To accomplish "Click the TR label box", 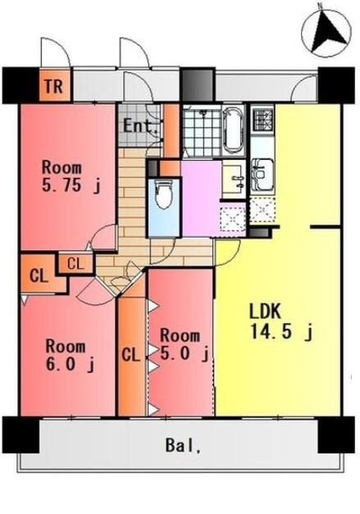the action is click(x=55, y=85).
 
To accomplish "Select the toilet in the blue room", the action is click(x=164, y=195).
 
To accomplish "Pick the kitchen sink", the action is click(x=262, y=175).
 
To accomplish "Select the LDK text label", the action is click(x=265, y=311).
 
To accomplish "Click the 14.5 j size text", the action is click(x=281, y=331).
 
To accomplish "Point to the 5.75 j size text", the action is click(x=71, y=185).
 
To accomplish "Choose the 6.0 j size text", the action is click(x=71, y=364).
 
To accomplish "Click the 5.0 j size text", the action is click(x=185, y=353).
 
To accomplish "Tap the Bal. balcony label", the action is click(x=183, y=446).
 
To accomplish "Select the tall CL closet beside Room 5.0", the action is click(x=131, y=356).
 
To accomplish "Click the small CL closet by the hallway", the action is click(x=75, y=263).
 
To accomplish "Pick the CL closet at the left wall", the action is click(x=39, y=275).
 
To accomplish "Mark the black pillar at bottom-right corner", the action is click(x=336, y=434).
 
